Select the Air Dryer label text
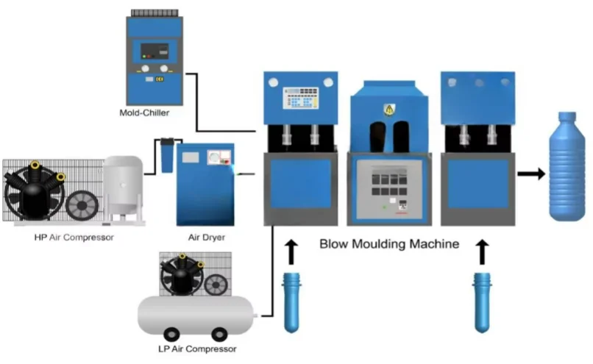pos(206,237)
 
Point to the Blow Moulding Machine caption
pos(389,243)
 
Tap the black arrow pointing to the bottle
pos(530,174)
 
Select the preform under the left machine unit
pos(292,301)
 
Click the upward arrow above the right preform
pos(483,252)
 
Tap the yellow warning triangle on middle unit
pos(389,110)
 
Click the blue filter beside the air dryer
pos(167,156)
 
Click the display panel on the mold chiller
pos(155,52)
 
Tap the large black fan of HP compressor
pos(32,193)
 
